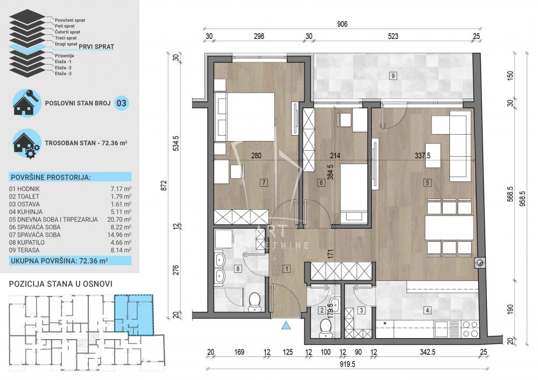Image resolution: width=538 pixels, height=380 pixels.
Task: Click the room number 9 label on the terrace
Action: click(x=393, y=75)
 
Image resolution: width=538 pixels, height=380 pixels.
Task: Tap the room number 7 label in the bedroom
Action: click(x=264, y=182)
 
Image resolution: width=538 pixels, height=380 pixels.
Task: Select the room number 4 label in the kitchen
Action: click(x=427, y=310)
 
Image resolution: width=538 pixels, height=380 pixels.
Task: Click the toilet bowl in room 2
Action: click(x=324, y=326)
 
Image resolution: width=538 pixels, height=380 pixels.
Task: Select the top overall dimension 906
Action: click(x=342, y=24)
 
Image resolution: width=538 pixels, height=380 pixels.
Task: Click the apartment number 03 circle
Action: click(x=122, y=103)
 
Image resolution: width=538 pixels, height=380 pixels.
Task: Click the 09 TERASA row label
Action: click(x=27, y=250)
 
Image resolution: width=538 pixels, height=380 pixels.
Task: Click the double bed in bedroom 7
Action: click(x=245, y=116)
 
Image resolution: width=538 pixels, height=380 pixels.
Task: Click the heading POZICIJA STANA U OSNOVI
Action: click(x=61, y=284)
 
